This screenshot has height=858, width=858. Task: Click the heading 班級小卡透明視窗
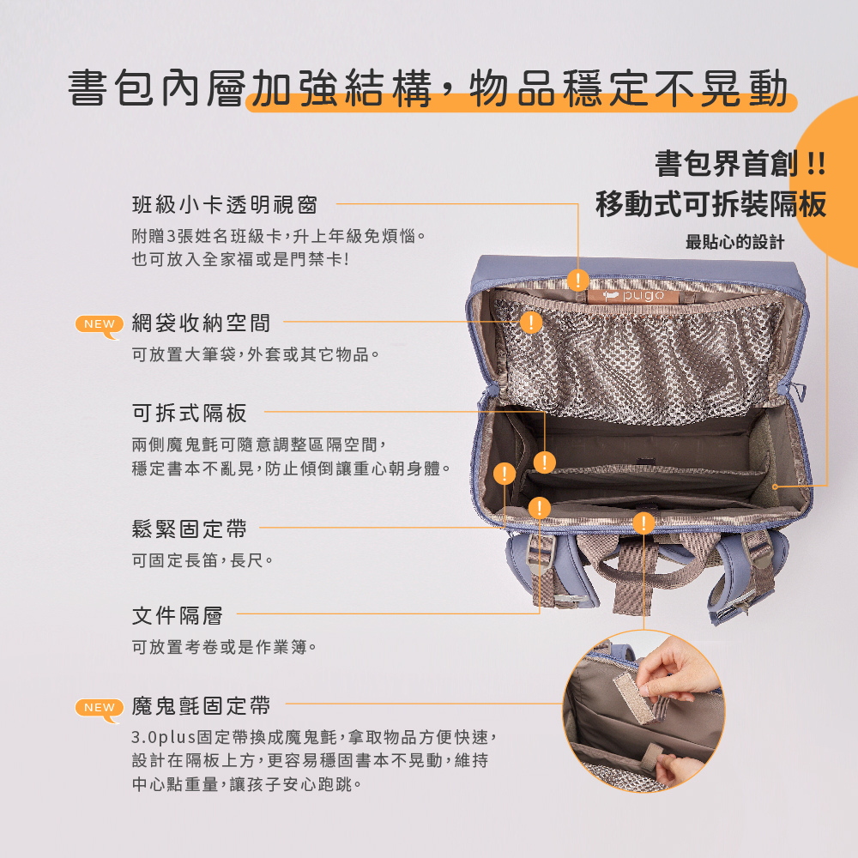click(225, 205)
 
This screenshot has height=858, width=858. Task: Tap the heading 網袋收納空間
click(202, 323)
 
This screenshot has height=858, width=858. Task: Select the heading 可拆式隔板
click(190, 414)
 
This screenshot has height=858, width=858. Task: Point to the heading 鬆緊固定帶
click(190, 529)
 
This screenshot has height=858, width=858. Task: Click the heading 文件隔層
click(178, 615)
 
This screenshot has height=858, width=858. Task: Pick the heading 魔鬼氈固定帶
click(202, 706)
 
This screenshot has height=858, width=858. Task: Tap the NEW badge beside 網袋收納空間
click(99, 326)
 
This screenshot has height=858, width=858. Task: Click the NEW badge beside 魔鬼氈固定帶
click(99, 710)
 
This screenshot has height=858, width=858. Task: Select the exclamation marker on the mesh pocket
click(531, 323)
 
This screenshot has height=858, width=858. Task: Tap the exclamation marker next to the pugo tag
click(577, 281)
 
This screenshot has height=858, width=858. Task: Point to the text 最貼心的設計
click(735, 242)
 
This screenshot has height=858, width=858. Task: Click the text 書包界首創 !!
click(740, 164)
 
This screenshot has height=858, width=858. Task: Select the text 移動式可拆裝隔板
click(710, 204)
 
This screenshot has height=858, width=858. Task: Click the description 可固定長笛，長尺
click(202, 560)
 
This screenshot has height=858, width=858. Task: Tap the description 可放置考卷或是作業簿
click(225, 647)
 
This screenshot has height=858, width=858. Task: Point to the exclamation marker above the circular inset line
click(643, 523)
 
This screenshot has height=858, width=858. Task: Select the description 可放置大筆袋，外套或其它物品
click(256, 354)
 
